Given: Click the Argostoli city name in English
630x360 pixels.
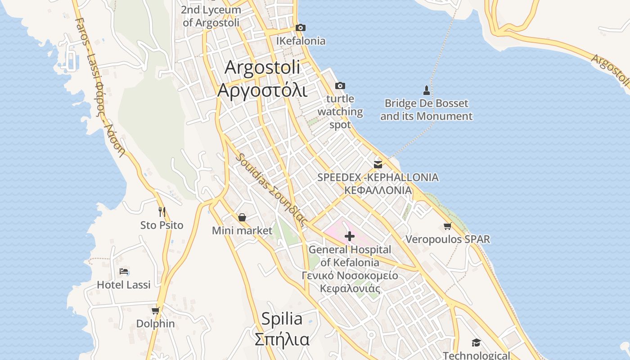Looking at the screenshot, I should click(x=262, y=68).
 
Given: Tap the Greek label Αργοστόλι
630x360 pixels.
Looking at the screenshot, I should click(x=262, y=90).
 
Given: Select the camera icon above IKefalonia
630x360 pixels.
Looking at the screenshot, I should click(x=301, y=28).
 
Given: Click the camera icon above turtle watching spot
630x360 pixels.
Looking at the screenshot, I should click(x=340, y=85).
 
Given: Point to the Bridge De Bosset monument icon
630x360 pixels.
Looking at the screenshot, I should click(x=426, y=90).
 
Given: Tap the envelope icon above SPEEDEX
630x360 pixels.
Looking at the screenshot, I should click(x=378, y=165).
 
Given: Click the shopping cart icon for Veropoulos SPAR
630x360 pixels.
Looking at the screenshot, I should click(x=447, y=226).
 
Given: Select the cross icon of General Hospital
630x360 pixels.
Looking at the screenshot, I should click(x=350, y=236).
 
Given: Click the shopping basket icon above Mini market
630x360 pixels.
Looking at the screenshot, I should click(x=242, y=218).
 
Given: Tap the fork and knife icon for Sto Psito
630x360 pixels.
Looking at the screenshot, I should click(x=162, y=211).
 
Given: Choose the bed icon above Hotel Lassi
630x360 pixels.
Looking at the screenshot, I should click(x=124, y=271).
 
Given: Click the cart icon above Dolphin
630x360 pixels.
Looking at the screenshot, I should click(x=155, y=310).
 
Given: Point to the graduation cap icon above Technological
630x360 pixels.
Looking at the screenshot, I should click(x=476, y=343).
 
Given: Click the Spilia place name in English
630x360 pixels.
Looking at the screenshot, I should click(x=282, y=319).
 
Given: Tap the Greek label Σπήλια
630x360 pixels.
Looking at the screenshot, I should click(x=282, y=339).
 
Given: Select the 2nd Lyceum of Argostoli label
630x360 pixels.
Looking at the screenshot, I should click(x=212, y=16).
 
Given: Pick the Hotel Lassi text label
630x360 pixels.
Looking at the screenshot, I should click(x=124, y=285).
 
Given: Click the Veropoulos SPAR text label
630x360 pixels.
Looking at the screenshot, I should click(x=448, y=239).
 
